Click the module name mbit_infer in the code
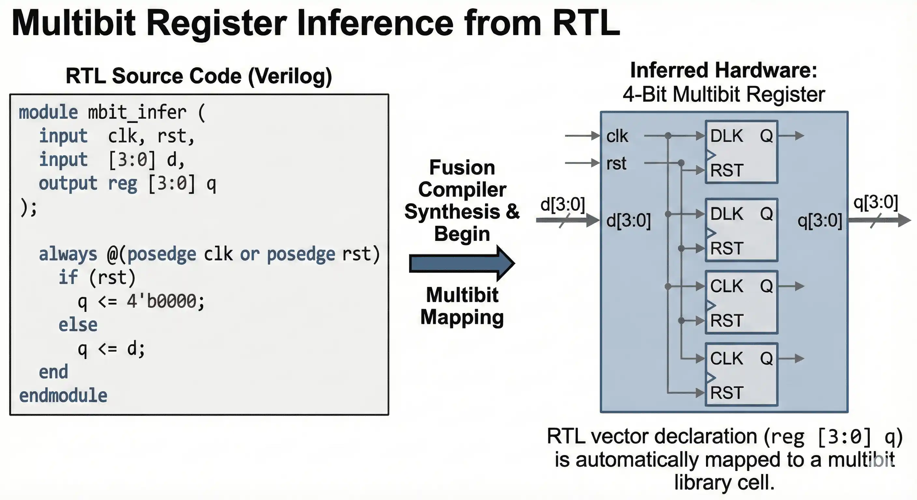tap(137, 112)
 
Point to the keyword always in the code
tap(68, 254)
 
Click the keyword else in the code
tap(78, 325)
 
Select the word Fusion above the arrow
tap(462, 167)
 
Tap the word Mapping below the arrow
tap(462, 317)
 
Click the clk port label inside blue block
tap(617, 136)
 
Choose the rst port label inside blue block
tap(616, 163)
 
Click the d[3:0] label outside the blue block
tap(562, 204)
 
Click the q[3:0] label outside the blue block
tap(876, 202)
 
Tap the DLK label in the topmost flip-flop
tap(727, 136)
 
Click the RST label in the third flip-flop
tap(727, 321)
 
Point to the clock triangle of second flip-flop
tap(711, 233)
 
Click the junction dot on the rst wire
tap(681, 163)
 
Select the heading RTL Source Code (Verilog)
tap(199, 76)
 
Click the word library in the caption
tap(703, 482)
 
